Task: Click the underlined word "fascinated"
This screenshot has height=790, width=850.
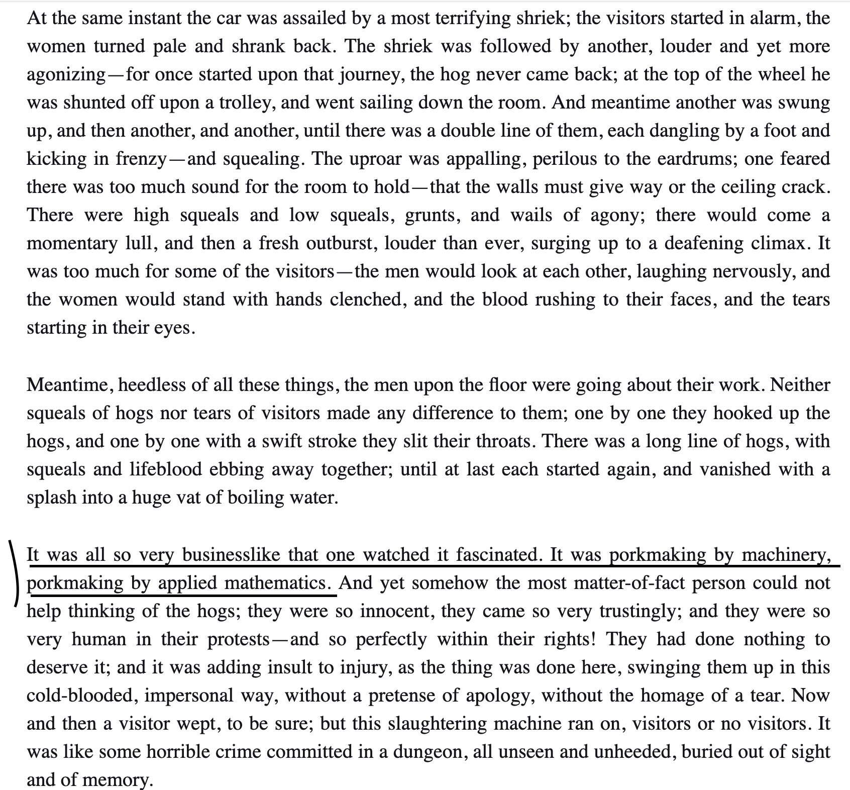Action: point(499,555)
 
